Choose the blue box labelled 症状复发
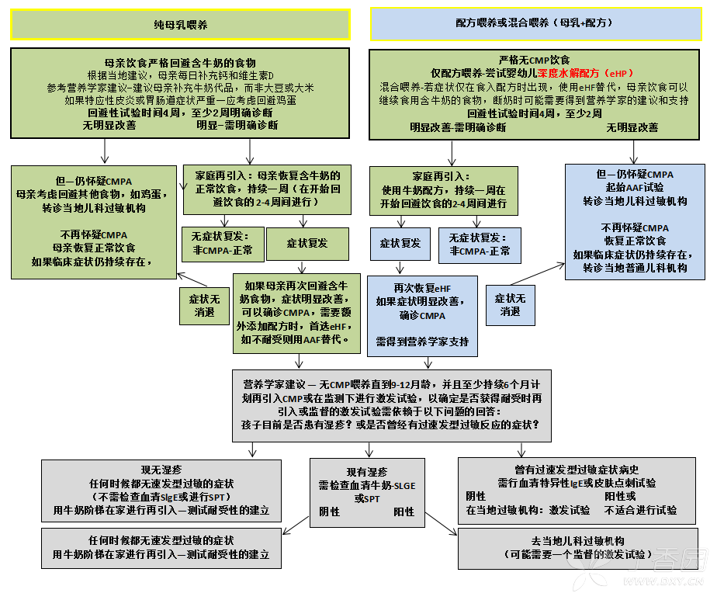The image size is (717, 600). pyautogui.click(x=400, y=244)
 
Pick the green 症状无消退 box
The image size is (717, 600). pyautogui.click(x=205, y=304)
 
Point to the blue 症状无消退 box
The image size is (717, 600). pyautogui.click(x=510, y=304)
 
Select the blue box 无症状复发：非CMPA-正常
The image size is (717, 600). pyautogui.click(x=480, y=245)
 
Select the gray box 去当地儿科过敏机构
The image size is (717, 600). pyautogui.click(x=578, y=548)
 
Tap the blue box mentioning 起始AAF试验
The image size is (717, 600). pyautogui.click(x=635, y=221)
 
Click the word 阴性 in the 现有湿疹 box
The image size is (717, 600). pyautogui.click(x=330, y=512)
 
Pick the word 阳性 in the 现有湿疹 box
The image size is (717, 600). pyautogui.click(x=404, y=512)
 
